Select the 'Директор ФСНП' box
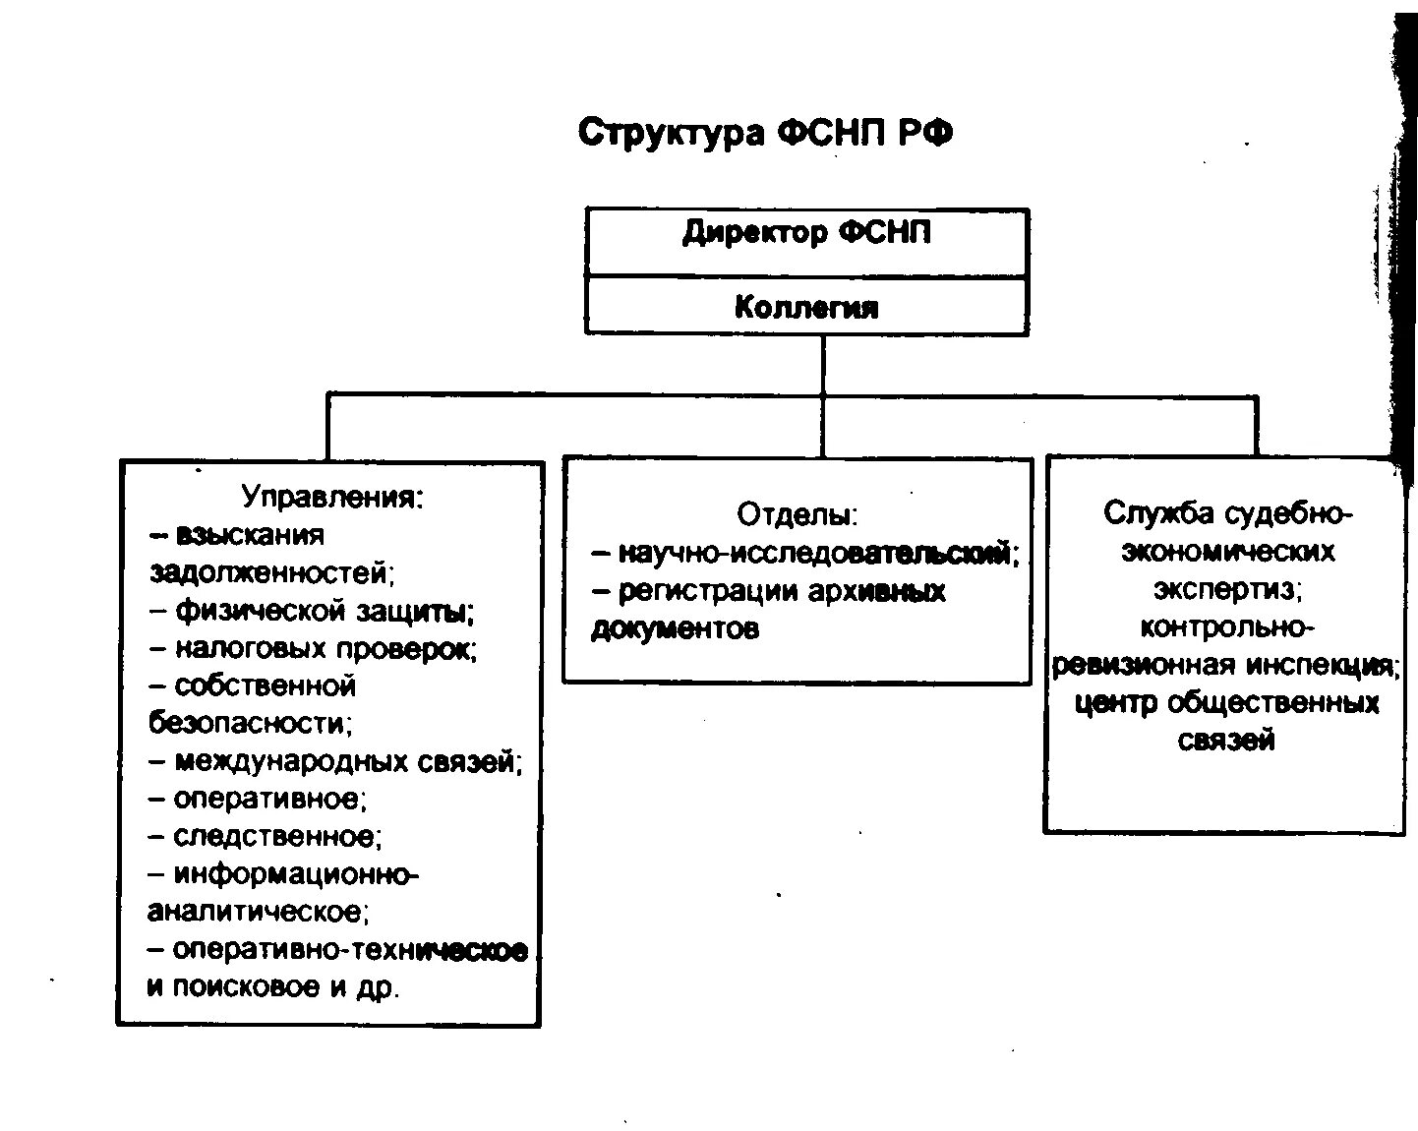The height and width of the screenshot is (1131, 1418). (806, 235)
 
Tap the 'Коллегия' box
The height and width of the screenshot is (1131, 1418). (806, 308)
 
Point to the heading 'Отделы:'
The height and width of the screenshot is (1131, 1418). (798, 514)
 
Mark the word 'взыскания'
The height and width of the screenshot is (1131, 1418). (250, 535)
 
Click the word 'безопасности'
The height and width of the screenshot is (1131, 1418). (250, 724)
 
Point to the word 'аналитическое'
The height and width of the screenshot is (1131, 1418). (258, 913)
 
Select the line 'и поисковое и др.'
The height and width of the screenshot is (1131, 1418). (273, 987)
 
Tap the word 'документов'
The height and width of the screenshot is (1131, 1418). (675, 629)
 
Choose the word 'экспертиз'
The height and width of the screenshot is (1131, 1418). (1227, 589)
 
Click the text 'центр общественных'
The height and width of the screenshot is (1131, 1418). (1227, 703)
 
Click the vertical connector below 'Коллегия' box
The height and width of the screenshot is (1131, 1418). (823, 365)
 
